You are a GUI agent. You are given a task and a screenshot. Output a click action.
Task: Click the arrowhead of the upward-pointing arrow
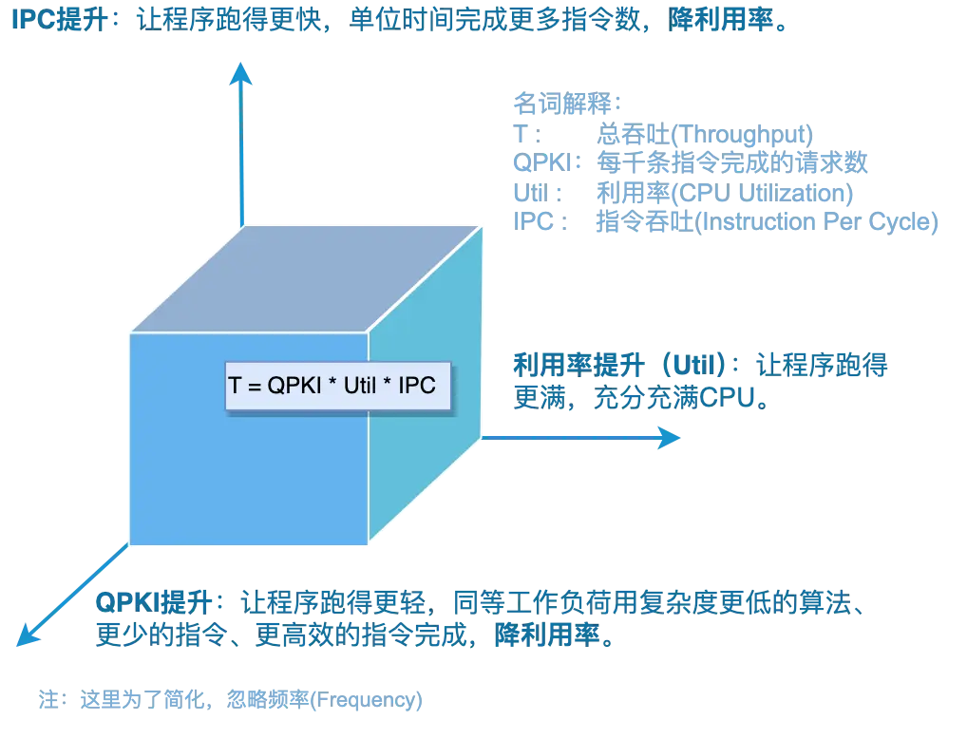[243, 75]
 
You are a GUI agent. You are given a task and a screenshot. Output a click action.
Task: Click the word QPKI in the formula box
[284, 387]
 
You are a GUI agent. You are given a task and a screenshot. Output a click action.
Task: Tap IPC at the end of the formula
[418, 387]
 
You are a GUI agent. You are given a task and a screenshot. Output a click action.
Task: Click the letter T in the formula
[235, 387]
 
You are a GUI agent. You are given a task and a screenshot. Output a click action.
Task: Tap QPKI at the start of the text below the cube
[119, 603]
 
